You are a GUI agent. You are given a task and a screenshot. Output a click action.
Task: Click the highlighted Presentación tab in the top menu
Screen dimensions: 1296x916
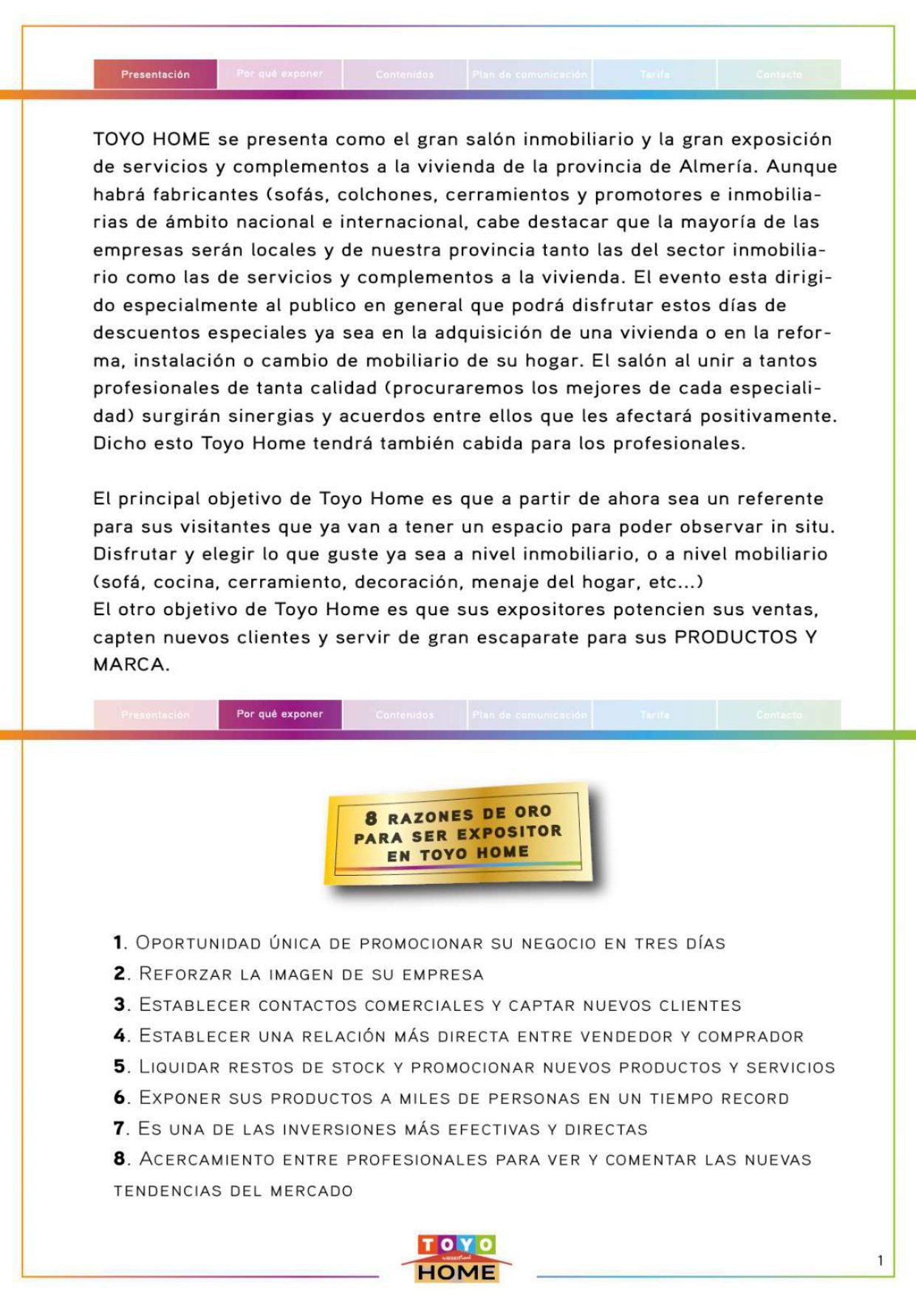tap(155, 75)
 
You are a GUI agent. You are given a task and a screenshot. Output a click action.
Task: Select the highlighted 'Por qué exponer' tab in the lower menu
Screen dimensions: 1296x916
tap(279, 714)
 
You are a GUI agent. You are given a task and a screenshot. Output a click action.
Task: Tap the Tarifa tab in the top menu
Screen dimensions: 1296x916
tap(654, 75)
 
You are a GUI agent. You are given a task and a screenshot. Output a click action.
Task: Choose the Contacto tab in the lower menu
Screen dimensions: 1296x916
tap(779, 715)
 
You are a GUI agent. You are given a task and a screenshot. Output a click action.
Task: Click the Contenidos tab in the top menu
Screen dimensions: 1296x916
tap(404, 75)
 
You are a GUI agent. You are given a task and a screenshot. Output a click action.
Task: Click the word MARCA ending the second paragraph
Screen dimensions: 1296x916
tap(129, 665)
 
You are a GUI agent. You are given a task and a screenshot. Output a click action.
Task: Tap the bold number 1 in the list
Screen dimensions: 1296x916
tap(118, 943)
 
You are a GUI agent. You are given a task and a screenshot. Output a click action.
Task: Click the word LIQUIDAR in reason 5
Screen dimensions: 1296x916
tap(180, 1067)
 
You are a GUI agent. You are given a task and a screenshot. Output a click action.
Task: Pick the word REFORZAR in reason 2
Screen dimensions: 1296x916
tap(185, 974)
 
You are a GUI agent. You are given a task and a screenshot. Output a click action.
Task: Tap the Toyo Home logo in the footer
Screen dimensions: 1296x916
tap(457, 1258)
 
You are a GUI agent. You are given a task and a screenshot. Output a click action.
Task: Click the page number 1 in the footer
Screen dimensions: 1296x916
tap(880, 1261)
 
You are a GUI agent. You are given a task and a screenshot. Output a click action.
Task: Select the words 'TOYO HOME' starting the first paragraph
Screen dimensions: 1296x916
tap(151, 140)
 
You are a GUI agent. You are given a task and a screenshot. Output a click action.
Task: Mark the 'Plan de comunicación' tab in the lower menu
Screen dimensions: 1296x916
tap(529, 715)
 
